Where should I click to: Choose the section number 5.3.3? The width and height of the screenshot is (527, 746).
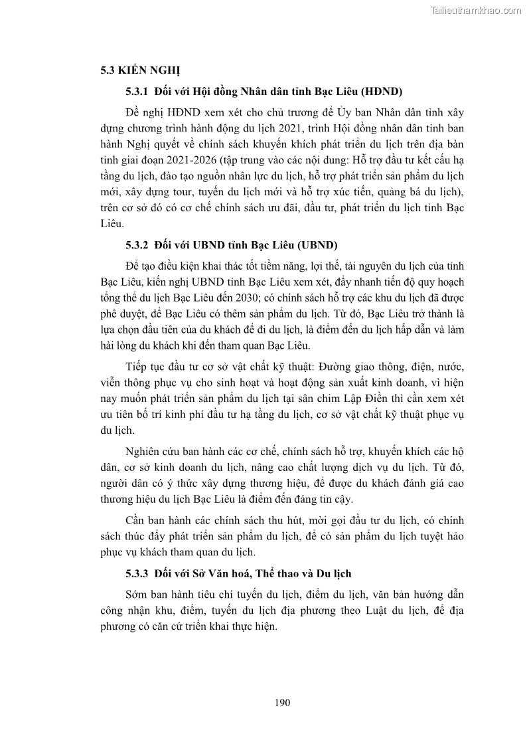[137, 573]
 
